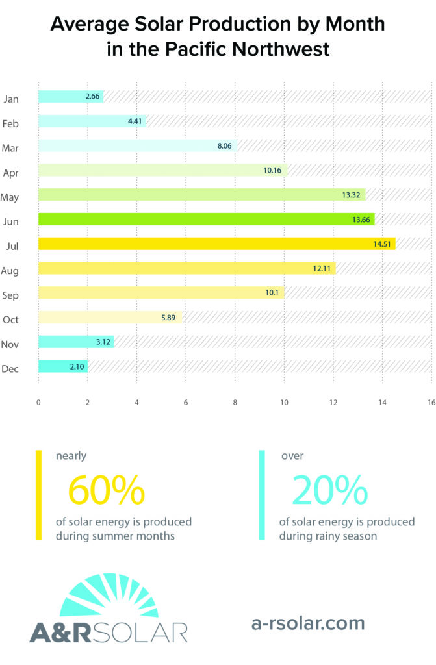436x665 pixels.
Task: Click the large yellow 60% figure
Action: point(106,490)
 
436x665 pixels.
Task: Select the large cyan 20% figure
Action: point(329,490)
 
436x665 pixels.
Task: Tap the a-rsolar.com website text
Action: point(308,623)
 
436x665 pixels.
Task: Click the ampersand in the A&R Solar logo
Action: point(70,631)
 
